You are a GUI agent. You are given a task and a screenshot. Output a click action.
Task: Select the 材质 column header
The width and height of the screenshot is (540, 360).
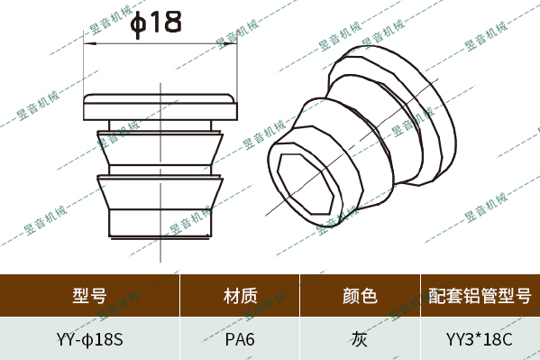(x=240, y=295)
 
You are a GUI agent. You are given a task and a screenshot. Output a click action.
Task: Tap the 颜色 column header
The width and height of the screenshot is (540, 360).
(x=359, y=295)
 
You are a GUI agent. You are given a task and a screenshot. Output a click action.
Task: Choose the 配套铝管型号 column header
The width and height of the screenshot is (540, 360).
(x=479, y=295)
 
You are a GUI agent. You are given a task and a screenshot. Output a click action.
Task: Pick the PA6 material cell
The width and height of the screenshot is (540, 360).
(x=240, y=340)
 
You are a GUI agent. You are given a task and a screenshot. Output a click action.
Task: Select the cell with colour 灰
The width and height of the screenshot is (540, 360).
(x=359, y=340)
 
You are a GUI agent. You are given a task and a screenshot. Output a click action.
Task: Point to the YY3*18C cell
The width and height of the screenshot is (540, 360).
(x=479, y=340)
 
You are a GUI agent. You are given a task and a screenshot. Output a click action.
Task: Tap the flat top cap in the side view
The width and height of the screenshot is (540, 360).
(x=160, y=106)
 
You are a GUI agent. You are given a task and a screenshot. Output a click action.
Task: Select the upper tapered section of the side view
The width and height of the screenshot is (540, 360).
(x=160, y=146)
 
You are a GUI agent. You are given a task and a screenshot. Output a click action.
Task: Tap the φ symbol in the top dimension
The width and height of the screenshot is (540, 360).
(x=139, y=23)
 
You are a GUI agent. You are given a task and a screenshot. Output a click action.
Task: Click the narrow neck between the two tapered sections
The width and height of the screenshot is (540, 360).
(x=160, y=169)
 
